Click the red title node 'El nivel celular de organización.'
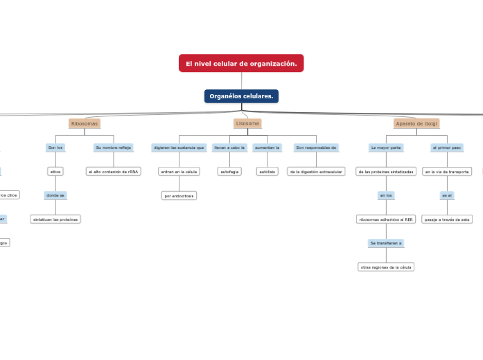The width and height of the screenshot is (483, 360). click(x=241, y=64)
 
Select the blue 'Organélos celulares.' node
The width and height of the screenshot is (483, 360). click(x=241, y=96)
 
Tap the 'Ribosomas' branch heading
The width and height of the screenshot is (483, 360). click(x=85, y=123)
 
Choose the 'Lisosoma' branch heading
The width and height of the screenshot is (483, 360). click(x=247, y=123)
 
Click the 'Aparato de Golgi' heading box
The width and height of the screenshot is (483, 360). click(x=416, y=123)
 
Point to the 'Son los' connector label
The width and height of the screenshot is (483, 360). click(x=55, y=147)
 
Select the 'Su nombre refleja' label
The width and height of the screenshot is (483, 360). click(x=114, y=147)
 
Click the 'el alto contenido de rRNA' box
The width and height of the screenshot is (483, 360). click(x=114, y=171)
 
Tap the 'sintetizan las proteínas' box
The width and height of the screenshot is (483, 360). click(x=55, y=219)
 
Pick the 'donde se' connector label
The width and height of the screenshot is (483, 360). click(x=55, y=195)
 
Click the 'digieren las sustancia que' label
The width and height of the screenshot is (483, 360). click(x=179, y=147)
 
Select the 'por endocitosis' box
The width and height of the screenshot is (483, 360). click(x=179, y=196)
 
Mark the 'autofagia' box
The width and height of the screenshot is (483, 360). click(x=229, y=171)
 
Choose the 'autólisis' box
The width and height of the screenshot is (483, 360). click(x=267, y=171)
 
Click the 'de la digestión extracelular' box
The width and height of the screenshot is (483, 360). click(x=316, y=171)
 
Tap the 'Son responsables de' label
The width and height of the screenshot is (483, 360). click(x=316, y=147)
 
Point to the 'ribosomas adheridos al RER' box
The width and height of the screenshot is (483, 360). click(x=386, y=219)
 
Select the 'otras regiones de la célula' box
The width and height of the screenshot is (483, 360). click(x=386, y=267)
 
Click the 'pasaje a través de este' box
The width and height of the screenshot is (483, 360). click(x=447, y=219)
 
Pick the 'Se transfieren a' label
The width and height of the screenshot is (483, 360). click(x=386, y=243)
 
